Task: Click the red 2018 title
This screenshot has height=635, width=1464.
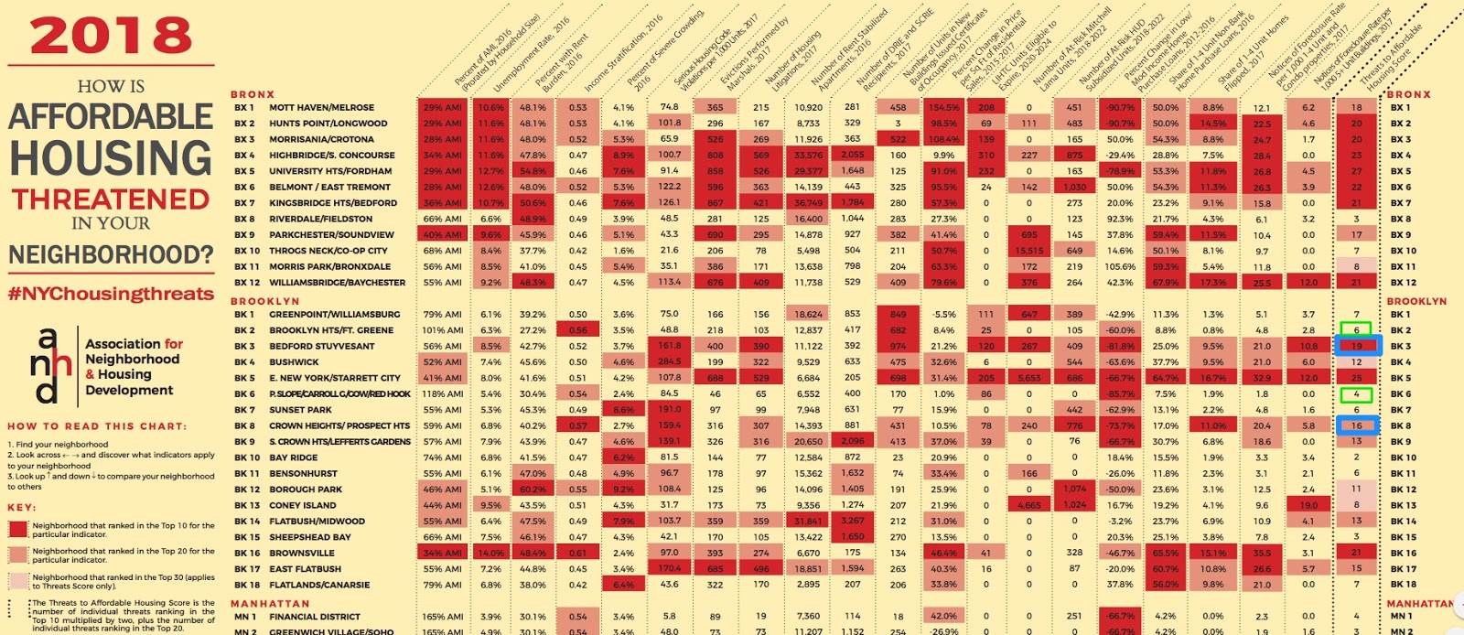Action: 111,37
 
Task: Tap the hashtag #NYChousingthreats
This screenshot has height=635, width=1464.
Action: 111,294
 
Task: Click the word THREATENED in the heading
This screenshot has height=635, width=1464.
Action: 111,199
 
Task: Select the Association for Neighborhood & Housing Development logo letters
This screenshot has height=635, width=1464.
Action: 50,366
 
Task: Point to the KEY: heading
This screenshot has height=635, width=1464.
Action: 22,507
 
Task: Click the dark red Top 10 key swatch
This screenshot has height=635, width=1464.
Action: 18,529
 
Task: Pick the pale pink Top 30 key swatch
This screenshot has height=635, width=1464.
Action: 18,581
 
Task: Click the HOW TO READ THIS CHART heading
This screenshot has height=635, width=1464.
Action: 97,426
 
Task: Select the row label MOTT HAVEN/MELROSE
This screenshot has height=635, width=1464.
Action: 321,107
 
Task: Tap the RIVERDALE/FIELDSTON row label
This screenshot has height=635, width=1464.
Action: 320,219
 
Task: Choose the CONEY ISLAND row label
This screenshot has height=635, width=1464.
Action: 302,505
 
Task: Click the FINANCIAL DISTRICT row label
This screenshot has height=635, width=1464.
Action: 315,617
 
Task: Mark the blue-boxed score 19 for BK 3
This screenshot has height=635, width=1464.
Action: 1357,346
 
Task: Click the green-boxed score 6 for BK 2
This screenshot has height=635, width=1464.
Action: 1357,330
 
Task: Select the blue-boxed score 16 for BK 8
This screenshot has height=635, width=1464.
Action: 1357,425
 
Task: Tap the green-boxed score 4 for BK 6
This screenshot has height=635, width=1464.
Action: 1357,394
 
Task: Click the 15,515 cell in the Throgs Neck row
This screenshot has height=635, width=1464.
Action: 1029,251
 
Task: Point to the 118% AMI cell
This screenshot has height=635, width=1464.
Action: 442,394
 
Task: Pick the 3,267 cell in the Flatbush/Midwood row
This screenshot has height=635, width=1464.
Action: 852,522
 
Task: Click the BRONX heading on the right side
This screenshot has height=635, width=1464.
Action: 1408,94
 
